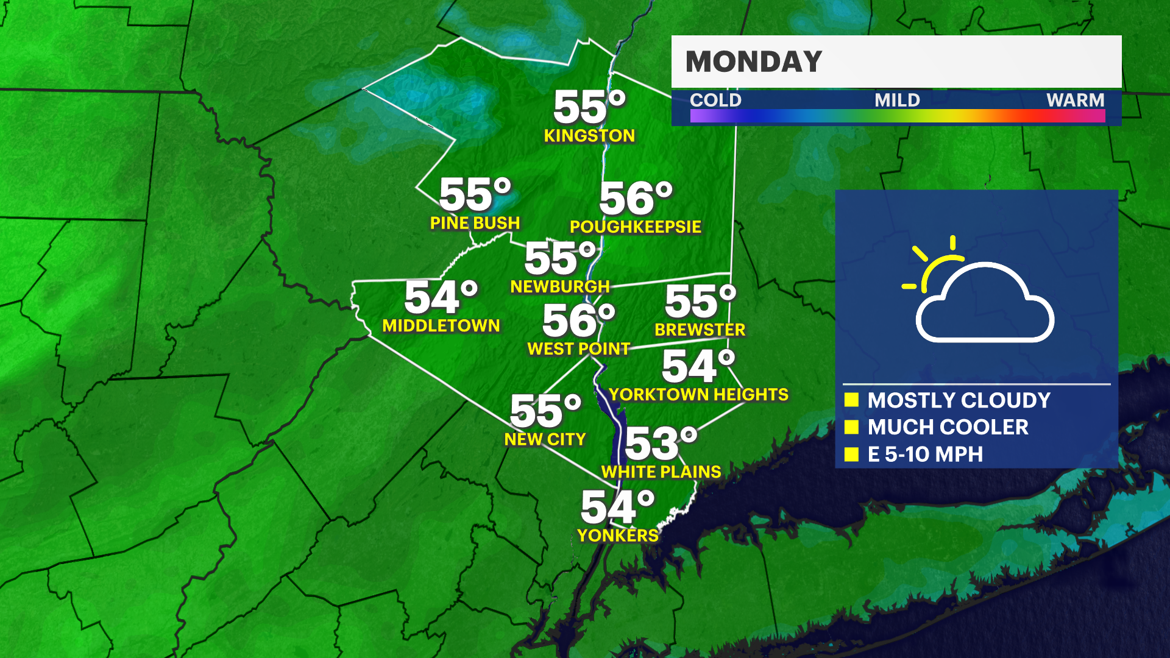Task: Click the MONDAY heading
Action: coord(754,62)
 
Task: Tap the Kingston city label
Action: coord(589,136)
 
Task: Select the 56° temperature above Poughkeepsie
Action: coord(636,199)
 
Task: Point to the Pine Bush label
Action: coord(475,223)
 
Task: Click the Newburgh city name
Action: coord(560,286)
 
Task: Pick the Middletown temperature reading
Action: coord(441,298)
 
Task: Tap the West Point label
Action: coord(578,348)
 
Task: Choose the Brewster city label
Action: coord(700,330)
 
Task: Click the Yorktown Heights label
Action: coord(698,395)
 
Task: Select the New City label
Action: coord(545,439)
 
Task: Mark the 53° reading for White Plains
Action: coord(661,444)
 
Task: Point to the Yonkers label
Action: coord(617,536)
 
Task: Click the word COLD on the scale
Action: coord(715,100)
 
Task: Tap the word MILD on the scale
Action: coord(897,100)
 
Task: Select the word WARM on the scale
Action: coord(1075,100)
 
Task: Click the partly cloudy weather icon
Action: coord(978,291)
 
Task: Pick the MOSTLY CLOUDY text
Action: coord(959,400)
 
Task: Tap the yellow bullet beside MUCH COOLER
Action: coord(851,427)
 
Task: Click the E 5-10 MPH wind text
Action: coord(925,455)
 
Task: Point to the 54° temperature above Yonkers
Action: coord(617,508)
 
